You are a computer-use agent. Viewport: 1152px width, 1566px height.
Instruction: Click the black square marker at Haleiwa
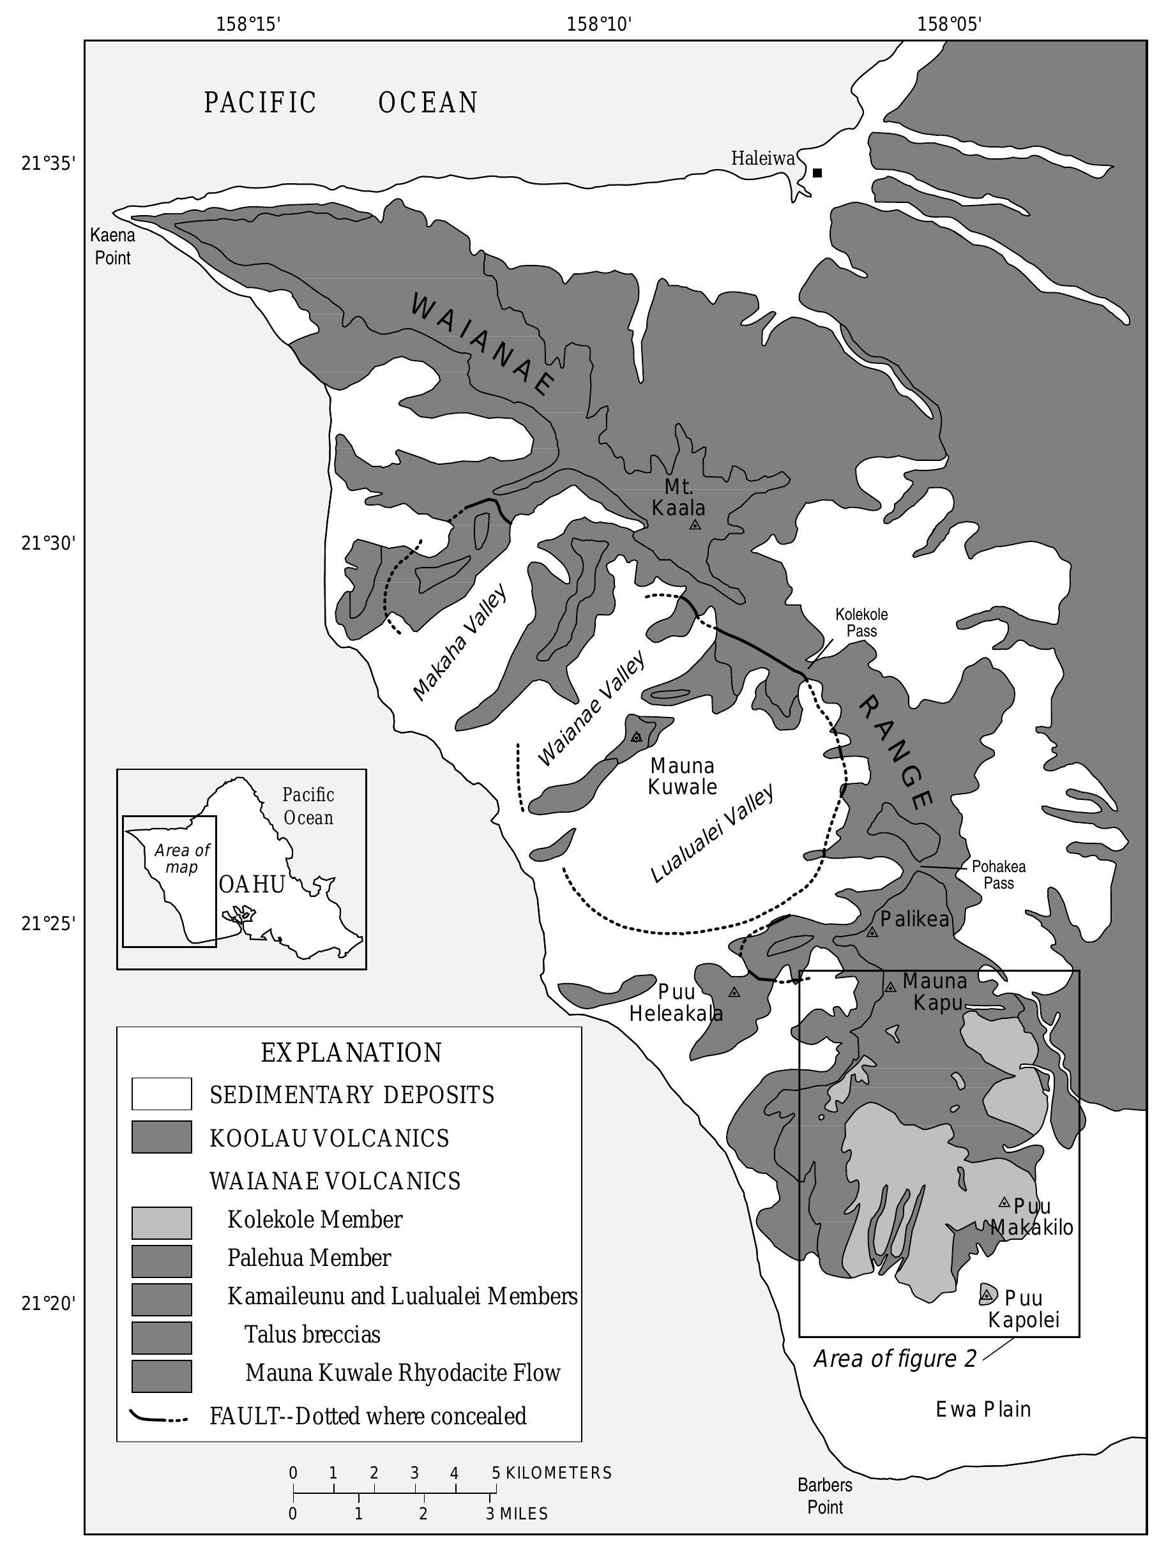point(817,172)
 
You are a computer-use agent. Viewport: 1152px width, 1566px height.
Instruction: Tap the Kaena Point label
point(112,246)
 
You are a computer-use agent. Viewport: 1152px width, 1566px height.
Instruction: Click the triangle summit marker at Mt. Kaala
point(695,525)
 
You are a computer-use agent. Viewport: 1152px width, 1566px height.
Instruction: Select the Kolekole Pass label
point(861,622)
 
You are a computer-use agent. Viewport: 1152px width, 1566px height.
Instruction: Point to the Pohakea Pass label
point(999,875)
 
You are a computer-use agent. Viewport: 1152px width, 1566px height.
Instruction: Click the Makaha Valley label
point(460,642)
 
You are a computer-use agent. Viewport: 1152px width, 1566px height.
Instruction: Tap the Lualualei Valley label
point(712,834)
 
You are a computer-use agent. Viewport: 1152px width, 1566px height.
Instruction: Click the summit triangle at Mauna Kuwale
point(636,737)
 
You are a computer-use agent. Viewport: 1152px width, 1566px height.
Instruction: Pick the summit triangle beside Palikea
point(872,932)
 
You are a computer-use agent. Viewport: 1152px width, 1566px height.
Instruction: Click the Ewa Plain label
point(983,1410)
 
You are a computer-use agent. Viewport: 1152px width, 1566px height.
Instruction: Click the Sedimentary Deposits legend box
point(162,1094)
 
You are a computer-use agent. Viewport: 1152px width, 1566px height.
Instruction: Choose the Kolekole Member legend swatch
point(162,1223)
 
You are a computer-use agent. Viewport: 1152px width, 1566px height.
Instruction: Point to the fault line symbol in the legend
point(159,1417)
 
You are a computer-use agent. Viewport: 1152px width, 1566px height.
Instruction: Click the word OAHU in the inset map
point(252,884)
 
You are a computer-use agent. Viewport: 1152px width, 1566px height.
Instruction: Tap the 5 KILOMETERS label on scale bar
point(552,1473)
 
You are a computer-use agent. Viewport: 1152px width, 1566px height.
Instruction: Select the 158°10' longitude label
point(599,25)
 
